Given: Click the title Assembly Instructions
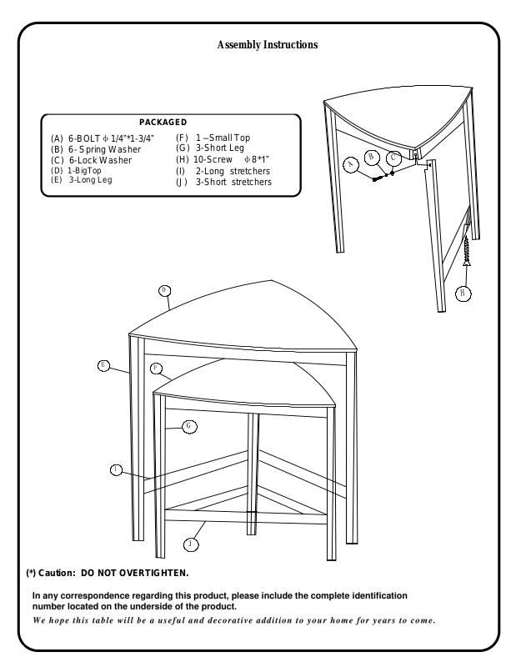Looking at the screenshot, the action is (x=267, y=44).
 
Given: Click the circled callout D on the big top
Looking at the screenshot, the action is (x=164, y=290).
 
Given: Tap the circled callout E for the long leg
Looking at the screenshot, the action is (x=103, y=364).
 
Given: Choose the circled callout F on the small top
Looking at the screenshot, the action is (x=156, y=368).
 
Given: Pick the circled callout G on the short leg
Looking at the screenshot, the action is (x=190, y=425).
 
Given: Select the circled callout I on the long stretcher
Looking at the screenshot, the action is (x=116, y=470).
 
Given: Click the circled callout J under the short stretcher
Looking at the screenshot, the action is (x=191, y=544).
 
